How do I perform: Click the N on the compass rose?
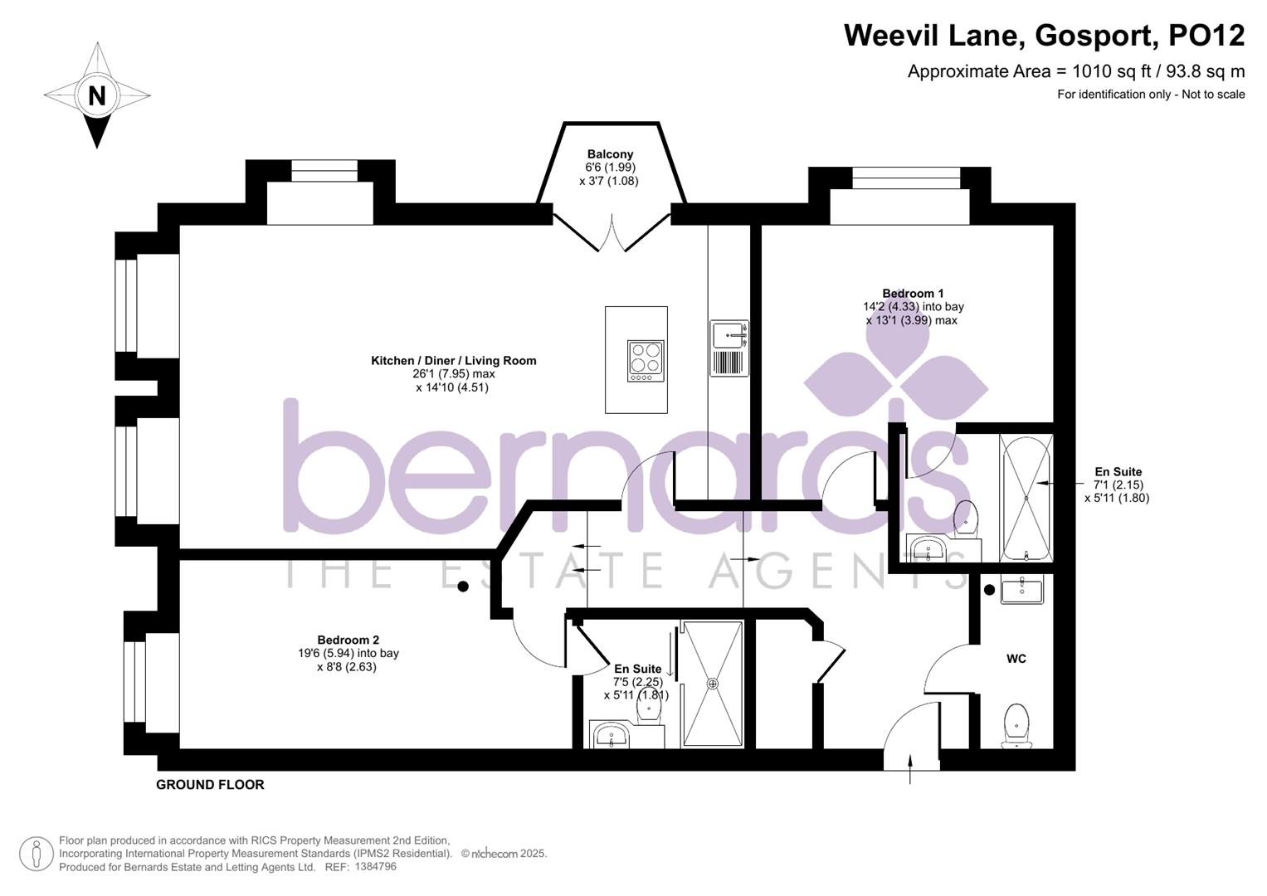(97, 95)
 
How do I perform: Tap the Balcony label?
(610, 154)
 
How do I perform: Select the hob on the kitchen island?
(646, 361)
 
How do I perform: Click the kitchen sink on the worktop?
(729, 335)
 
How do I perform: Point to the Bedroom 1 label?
(913, 294)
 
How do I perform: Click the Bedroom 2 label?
(348, 640)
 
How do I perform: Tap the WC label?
(1016, 659)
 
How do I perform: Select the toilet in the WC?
(1016, 724)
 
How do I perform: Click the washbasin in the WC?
(1021, 590)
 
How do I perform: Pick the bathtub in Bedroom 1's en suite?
(1026, 497)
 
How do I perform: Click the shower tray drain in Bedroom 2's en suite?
(712, 684)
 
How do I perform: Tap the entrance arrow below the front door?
(911, 769)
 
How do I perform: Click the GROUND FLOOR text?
(210, 785)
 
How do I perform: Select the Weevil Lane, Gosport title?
(1044, 36)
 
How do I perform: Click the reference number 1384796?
(375, 867)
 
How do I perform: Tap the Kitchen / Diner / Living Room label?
(453, 361)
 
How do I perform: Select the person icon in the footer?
(37, 854)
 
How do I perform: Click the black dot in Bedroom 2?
(463, 587)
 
